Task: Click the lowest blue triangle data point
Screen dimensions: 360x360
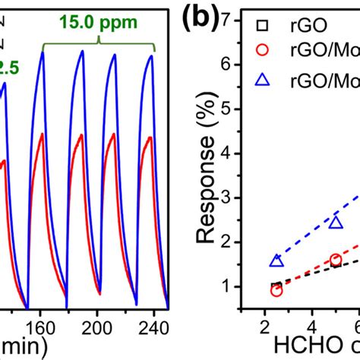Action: point(276,261)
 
